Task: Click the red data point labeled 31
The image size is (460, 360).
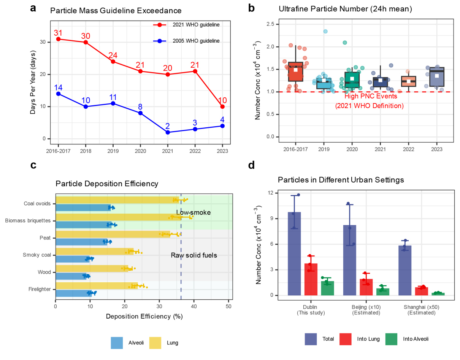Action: (x=58, y=39)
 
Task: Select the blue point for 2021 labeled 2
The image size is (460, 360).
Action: (x=168, y=132)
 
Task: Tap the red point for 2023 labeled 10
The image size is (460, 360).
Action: (x=222, y=106)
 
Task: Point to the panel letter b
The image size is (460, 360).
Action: (x=252, y=8)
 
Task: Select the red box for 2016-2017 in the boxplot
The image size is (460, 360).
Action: (x=296, y=71)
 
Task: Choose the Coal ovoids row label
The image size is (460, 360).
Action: (x=38, y=203)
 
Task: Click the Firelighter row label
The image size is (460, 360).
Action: (x=39, y=289)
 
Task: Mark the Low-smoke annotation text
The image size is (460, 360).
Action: (x=193, y=213)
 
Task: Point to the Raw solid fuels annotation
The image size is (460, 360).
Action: (x=194, y=255)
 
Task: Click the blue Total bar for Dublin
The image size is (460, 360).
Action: (x=294, y=254)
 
